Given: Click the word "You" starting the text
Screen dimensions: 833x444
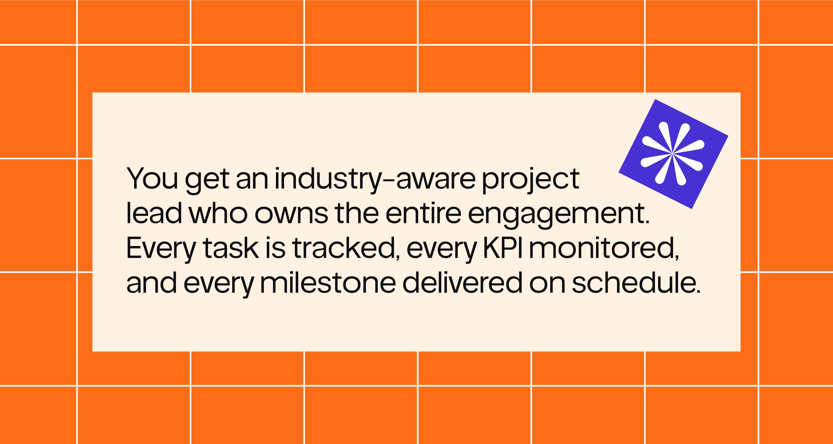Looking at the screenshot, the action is pyautogui.click(x=152, y=179).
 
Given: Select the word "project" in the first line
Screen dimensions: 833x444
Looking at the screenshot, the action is pyautogui.click(x=531, y=181).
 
